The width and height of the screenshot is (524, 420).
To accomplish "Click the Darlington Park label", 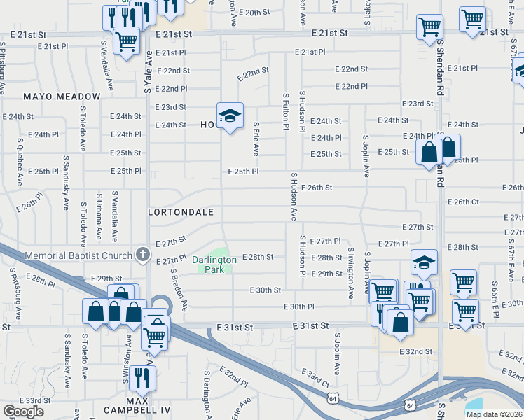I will point(214,264).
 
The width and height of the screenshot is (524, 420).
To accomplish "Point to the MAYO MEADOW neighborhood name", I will point(62,97).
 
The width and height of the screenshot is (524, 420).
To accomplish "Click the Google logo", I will point(23,412).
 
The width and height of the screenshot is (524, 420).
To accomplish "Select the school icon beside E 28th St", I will point(424,263).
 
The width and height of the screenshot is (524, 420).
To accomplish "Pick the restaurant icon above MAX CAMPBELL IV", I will point(142,379).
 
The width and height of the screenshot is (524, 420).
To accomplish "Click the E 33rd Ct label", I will point(316,379).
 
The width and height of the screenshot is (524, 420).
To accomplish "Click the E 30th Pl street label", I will point(298,307).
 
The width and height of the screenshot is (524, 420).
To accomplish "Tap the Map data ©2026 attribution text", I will point(494,414).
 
